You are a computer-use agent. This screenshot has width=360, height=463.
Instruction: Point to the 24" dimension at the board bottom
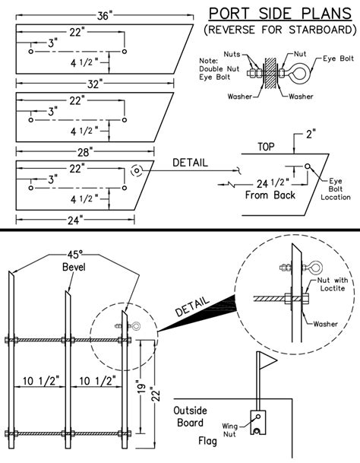click(75, 221)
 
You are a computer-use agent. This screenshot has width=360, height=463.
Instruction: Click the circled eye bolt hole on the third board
click(137, 170)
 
